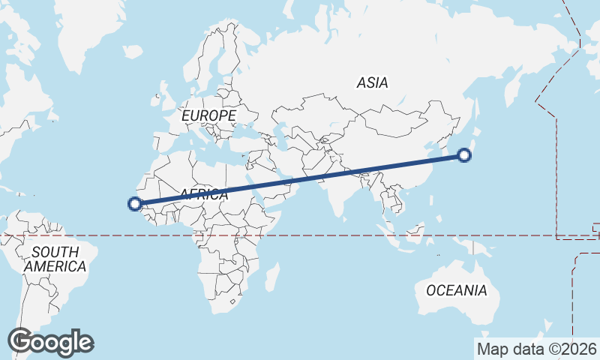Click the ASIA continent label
pos(373,83)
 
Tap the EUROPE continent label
pos(208,116)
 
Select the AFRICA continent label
pos(202,194)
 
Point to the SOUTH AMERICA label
pos(55,259)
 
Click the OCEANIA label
pos(457,290)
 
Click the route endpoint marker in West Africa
pos(135,203)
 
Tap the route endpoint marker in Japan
pos(464,156)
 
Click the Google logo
pos(50,342)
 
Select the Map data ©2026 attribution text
pos(537,349)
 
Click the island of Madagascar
pos(272,275)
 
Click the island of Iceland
pos(133,52)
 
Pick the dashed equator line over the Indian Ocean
pos(322,235)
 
